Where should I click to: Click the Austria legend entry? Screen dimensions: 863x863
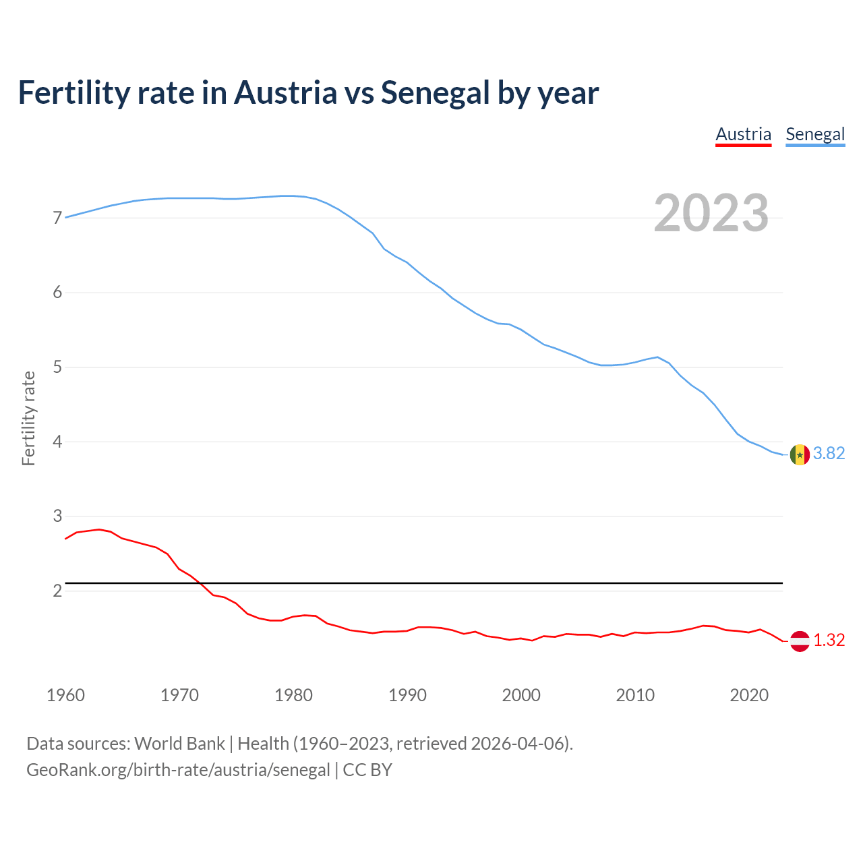pyautogui.click(x=743, y=134)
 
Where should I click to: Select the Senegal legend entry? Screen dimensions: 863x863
pyautogui.click(x=815, y=134)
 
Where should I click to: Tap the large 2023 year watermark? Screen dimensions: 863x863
pyautogui.click(x=711, y=213)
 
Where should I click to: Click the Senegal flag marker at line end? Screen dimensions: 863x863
pyautogui.click(x=800, y=454)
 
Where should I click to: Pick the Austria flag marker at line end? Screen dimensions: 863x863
pyautogui.click(x=800, y=641)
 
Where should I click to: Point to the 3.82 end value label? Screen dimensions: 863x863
pyautogui.click(x=829, y=454)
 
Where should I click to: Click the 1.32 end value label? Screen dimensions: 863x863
pyautogui.click(x=829, y=640)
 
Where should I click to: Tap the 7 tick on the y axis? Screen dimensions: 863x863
pyautogui.click(x=57, y=218)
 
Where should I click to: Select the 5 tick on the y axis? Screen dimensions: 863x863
pyautogui.click(x=57, y=367)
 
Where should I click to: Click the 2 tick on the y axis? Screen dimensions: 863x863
pyautogui.click(x=57, y=591)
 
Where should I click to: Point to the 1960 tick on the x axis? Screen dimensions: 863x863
pyautogui.click(x=65, y=695)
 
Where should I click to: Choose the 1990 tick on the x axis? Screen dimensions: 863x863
pyautogui.click(x=407, y=695)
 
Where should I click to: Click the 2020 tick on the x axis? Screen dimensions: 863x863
pyautogui.click(x=749, y=695)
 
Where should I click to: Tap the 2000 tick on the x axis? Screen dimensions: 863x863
pyautogui.click(x=521, y=695)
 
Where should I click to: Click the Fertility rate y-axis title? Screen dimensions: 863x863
pyautogui.click(x=28, y=418)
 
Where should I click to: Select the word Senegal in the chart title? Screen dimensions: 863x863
pyautogui.click(x=435, y=93)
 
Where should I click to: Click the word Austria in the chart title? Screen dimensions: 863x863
pyautogui.click(x=285, y=93)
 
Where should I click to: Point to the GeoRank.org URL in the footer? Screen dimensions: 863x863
pyautogui.click(x=178, y=770)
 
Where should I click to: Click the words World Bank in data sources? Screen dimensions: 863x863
pyautogui.click(x=179, y=744)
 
